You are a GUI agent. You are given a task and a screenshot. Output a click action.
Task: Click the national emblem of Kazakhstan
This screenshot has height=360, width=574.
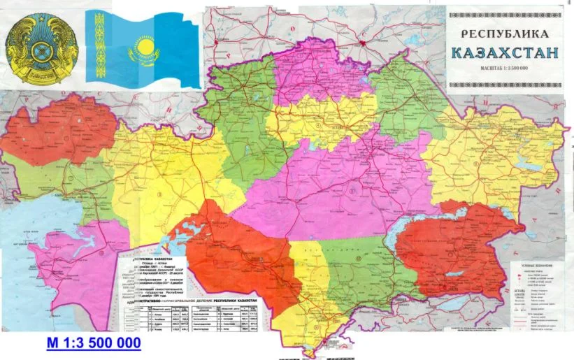pos(39,51)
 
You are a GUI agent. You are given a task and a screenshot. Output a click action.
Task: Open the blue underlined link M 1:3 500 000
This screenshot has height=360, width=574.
pos(93,343)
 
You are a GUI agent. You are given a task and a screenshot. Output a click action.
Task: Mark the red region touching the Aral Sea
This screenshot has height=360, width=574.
pos(231,252)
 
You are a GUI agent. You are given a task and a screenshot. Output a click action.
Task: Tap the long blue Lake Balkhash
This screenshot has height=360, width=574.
pos(350,231)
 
